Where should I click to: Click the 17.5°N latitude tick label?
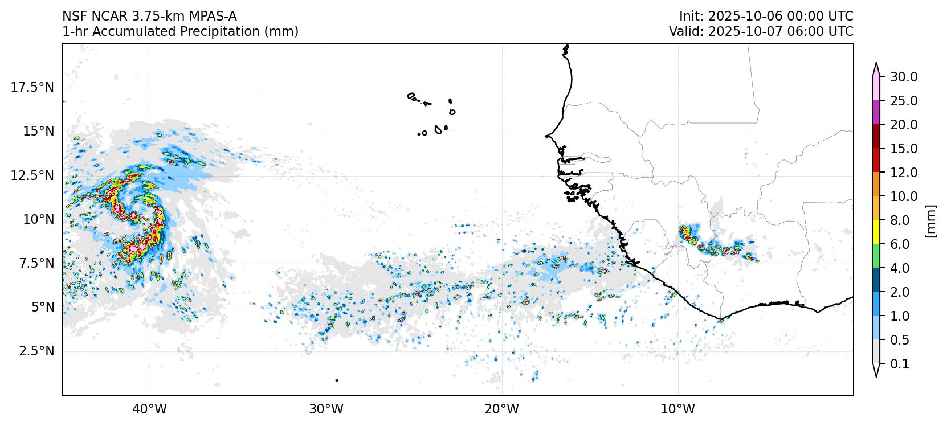pyautogui.click(x=32, y=87)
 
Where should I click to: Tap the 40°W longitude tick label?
pyautogui.click(x=150, y=409)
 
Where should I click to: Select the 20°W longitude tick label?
pyautogui.click(x=502, y=409)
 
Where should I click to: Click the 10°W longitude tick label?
pyautogui.click(x=678, y=409)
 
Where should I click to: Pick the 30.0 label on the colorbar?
pyautogui.click(x=904, y=77)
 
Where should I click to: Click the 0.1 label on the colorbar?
pyautogui.click(x=900, y=364)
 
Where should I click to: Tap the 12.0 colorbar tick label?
pyautogui.click(x=904, y=173)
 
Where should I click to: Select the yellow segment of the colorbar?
pyautogui.click(x=876, y=232)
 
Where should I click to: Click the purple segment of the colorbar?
pyautogui.click(x=876, y=113)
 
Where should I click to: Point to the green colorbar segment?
pyautogui.click(x=876, y=256)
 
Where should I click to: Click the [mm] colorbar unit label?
pyautogui.click(x=930, y=220)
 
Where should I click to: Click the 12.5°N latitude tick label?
pyautogui.click(x=32, y=175)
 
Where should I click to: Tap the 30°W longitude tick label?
pyautogui.click(x=326, y=409)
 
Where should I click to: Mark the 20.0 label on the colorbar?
pyautogui.click(x=904, y=125)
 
